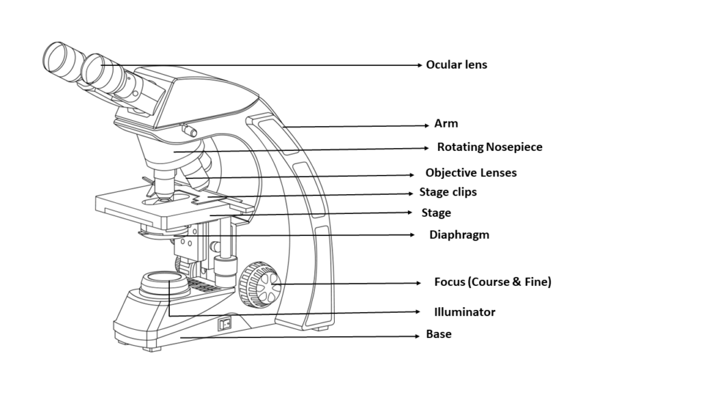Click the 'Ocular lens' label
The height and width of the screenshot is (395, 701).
tap(457, 65)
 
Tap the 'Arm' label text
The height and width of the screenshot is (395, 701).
tap(446, 124)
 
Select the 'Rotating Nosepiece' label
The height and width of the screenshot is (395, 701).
tap(489, 147)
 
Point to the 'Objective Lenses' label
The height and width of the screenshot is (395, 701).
tap(471, 173)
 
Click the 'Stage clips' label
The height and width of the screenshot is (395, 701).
tap(448, 192)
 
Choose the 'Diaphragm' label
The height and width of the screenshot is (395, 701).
tap(459, 235)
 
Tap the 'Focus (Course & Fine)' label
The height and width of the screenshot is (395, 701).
tap(492, 282)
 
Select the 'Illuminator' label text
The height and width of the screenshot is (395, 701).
tap(464, 312)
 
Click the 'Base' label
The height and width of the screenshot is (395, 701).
tap(439, 335)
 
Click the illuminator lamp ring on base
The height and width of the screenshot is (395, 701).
tap(161, 278)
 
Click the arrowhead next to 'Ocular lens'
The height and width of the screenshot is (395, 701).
tap(420, 65)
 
